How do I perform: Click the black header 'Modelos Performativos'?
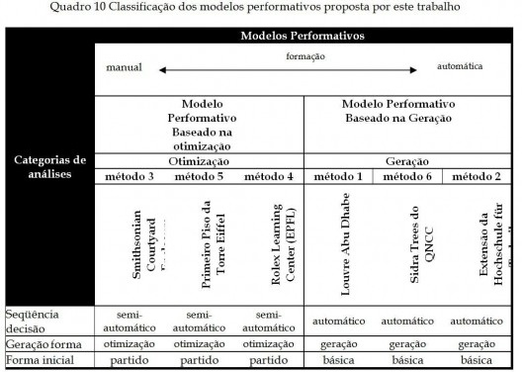tap(303, 37)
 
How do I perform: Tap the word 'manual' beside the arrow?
tap(126, 67)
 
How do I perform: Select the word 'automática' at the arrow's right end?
tap(460, 67)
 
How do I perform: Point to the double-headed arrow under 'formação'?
tap(286, 69)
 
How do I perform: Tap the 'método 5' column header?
tap(199, 176)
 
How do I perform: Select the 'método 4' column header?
tap(268, 176)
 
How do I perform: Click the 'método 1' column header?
tap(337, 176)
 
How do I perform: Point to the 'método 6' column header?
tap(406, 176)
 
